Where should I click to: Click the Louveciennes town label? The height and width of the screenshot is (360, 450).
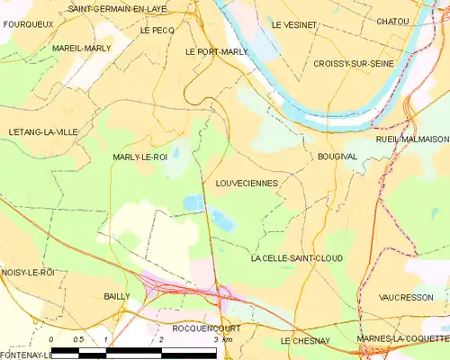coord(247,183)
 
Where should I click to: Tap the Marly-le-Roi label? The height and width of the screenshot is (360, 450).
coord(139,157)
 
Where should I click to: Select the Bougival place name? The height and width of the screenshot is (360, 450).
coord(337,157)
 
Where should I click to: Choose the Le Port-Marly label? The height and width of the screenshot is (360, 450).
coord(216,52)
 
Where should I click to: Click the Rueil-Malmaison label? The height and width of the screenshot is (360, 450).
coord(412,139)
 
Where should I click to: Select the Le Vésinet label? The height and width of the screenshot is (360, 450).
coord(294,24)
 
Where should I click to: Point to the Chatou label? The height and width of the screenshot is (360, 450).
coord(392,21)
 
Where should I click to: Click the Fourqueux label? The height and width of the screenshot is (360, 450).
coord(23,24)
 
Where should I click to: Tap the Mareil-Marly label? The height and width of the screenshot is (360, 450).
coord(81,47)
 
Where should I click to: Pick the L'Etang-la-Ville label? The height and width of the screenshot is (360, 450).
coord(42,132)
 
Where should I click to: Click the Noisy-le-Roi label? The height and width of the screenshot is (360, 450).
coord(28,272)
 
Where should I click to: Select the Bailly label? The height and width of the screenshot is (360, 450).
coord(117,296)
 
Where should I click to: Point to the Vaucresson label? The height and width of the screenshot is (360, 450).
coord(405,296)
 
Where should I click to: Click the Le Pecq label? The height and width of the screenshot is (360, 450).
coord(157,30)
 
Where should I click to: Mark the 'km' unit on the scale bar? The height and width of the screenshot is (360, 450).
coord(228,339)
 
